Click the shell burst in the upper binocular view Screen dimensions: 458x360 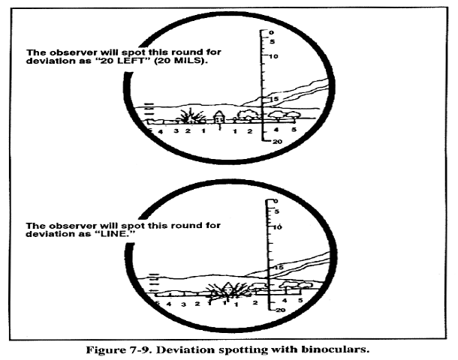click(x=191, y=116)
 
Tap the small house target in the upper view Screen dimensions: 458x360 click(x=218, y=117)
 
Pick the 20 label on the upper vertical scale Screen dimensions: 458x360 click(x=277, y=142)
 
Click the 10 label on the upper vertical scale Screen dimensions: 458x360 click(x=274, y=56)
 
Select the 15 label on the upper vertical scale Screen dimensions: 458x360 click(x=275, y=99)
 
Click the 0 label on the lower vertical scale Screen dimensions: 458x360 click(x=276, y=201)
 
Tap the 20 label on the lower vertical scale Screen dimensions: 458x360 click(x=280, y=310)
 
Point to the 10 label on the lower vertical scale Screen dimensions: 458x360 click(x=278, y=227)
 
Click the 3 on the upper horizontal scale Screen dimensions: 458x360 click(x=176, y=131)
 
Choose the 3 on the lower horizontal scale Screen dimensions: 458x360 click(x=183, y=304)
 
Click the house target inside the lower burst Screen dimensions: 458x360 click(x=228, y=288)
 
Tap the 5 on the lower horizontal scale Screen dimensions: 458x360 click(x=300, y=300)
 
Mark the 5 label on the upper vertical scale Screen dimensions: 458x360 click(x=273, y=42)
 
